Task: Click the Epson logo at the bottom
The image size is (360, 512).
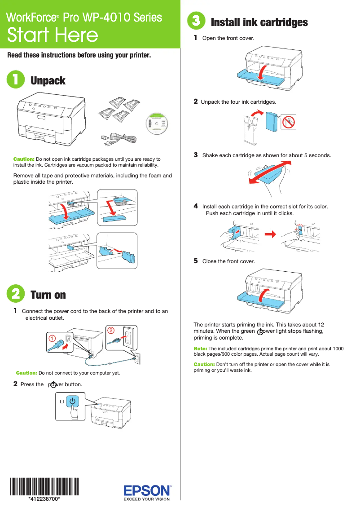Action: pos(147,490)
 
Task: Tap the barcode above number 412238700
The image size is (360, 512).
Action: pos(44,486)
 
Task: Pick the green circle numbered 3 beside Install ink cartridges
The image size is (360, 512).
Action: pos(196,21)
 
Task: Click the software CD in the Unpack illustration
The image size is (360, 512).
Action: pos(159,124)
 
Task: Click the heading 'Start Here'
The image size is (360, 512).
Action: pos(53,35)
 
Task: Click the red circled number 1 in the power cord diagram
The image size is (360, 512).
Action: pos(52,337)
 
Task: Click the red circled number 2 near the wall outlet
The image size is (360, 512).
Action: pos(110,331)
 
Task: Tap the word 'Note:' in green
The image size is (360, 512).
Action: pos(200,349)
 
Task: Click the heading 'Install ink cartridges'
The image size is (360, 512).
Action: pos(259,22)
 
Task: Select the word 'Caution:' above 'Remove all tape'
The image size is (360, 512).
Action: pos(24,159)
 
